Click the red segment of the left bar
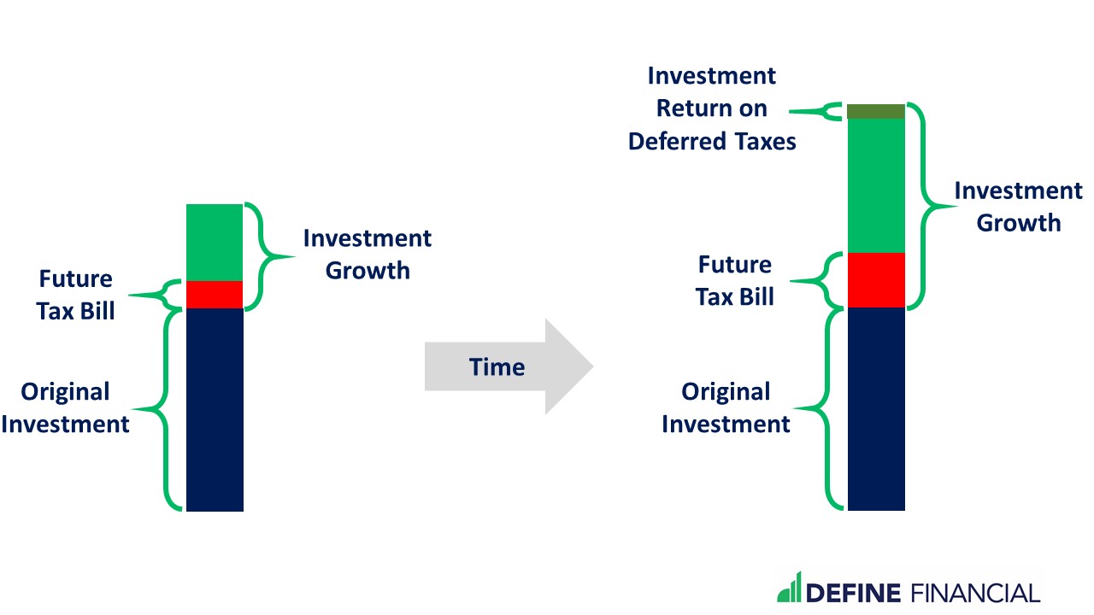pos(215,295)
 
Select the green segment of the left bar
pos(215,243)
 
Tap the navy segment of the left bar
pos(215,409)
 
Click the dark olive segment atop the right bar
pos(876,111)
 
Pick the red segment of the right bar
pos(876,279)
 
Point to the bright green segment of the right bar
pos(876,185)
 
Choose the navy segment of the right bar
pos(876,409)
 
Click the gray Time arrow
pos(509,366)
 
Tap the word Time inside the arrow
pos(497,367)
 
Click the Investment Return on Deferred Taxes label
pos(712,108)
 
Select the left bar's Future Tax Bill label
pos(76,295)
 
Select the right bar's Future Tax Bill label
pos(735,281)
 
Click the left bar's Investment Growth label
pos(368,255)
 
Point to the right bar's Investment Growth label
pos(1019,207)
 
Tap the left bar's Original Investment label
pos(66,407)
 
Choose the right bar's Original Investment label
pos(726,407)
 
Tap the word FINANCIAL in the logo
pos(975,593)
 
